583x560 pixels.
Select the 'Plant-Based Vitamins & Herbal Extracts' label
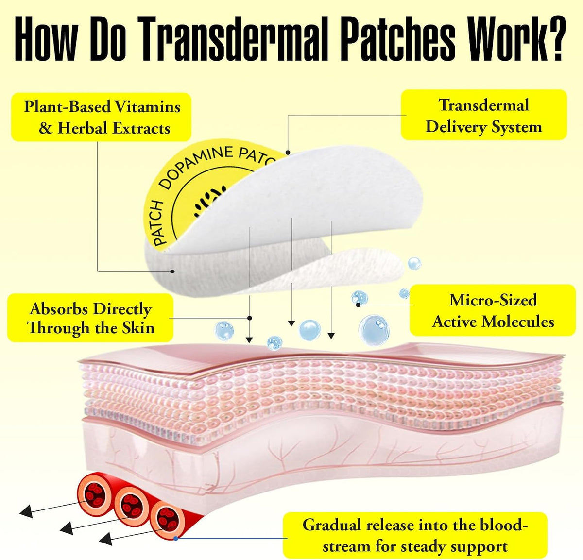pyautogui.click(x=101, y=117)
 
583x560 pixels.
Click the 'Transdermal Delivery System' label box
pyautogui.click(x=484, y=115)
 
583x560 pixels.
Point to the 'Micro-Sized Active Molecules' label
pyautogui.click(x=493, y=310)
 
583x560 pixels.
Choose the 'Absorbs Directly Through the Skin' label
pyautogui.click(x=90, y=318)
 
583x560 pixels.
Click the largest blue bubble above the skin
pyautogui.click(x=374, y=330)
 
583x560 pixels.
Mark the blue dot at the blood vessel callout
pyautogui.click(x=176, y=539)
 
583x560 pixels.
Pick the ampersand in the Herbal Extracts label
pyautogui.click(x=45, y=128)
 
